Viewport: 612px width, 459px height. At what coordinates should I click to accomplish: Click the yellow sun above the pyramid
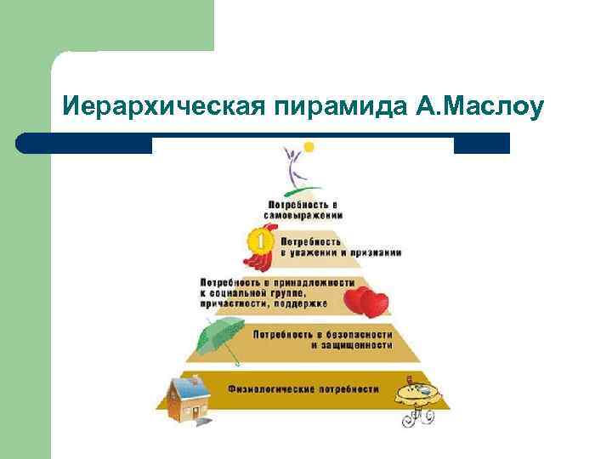coord(309,147)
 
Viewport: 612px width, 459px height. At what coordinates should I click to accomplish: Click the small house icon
coord(187,398)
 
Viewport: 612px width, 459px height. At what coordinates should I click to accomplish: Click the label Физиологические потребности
coord(303,388)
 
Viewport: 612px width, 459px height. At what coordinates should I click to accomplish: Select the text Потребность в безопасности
coord(322,334)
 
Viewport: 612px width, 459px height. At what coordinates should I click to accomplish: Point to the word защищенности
coord(350,346)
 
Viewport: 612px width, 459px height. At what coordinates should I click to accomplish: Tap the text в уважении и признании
coord(340,252)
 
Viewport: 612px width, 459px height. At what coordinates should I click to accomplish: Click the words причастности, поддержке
coord(263,303)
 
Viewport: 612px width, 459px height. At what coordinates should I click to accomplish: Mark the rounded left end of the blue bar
coord(24,143)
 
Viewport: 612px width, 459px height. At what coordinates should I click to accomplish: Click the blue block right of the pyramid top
coord(481,144)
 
